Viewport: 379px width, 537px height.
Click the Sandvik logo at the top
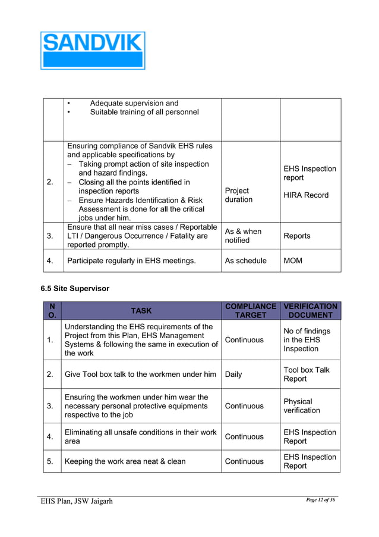(x=93, y=50)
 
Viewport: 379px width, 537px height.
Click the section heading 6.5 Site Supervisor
(x=75, y=288)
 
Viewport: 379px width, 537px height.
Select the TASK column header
(x=141, y=310)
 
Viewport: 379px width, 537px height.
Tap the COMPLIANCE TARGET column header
(x=250, y=310)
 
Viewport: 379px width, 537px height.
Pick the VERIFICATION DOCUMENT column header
(x=310, y=310)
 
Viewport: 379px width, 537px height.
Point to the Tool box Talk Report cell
(x=306, y=374)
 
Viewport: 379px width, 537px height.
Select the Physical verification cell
(x=302, y=406)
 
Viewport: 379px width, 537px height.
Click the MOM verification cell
(x=293, y=261)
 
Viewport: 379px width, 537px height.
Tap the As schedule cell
(x=245, y=261)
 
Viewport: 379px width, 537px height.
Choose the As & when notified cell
(x=242, y=236)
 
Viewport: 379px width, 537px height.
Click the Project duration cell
(x=238, y=195)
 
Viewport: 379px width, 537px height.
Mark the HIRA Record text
(x=305, y=195)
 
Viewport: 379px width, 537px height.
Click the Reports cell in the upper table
(x=296, y=236)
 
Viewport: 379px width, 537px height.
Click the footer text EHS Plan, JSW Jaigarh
(x=77, y=501)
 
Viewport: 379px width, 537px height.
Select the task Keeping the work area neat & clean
(x=125, y=461)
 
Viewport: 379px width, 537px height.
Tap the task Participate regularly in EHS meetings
(x=131, y=261)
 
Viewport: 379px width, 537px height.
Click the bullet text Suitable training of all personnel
(x=144, y=112)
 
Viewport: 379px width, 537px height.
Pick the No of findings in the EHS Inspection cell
(x=307, y=339)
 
